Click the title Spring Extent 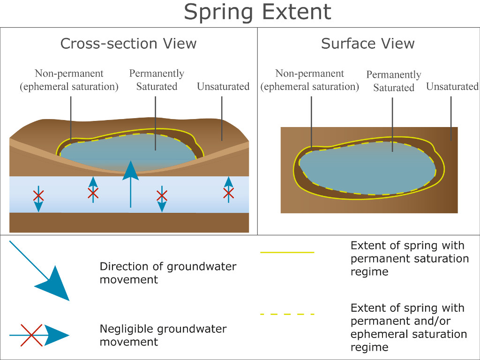(257, 12)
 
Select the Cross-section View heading (128, 44)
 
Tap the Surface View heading (367, 44)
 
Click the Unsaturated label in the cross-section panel (223, 87)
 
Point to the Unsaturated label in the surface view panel (452, 87)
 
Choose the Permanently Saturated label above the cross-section (157, 80)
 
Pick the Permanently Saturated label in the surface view (394, 81)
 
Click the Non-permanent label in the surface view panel (310, 80)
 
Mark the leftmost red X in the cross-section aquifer (38, 195)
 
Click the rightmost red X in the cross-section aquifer (228, 192)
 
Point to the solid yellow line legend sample (287, 252)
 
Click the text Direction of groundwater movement (168, 273)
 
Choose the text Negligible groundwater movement (163, 335)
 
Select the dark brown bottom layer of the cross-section (129, 223)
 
